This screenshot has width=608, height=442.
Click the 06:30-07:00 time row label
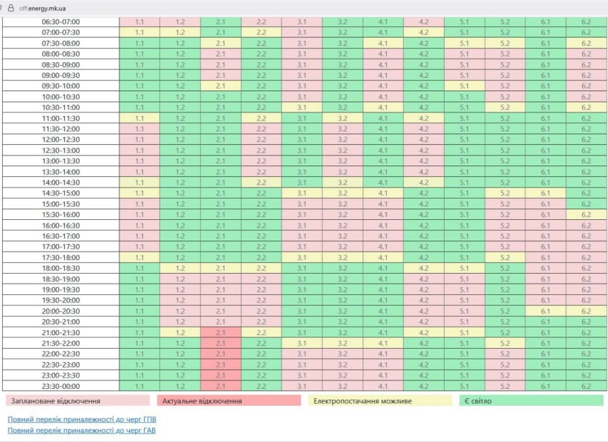tap(61, 21)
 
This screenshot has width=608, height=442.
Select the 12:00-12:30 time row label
tap(61, 139)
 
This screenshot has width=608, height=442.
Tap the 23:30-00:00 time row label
tap(61, 386)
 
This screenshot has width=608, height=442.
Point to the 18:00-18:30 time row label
tap(61, 268)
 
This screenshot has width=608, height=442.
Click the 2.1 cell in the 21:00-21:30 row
tap(221, 332)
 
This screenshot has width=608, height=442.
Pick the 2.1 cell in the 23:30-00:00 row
tap(221, 386)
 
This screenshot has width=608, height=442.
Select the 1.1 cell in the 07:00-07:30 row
tap(139, 32)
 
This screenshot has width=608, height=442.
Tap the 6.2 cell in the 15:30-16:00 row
tap(586, 214)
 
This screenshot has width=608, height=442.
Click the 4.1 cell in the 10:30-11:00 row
tap(383, 107)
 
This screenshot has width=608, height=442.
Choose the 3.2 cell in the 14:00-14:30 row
tap(342, 182)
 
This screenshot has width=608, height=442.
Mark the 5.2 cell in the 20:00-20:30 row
tap(505, 311)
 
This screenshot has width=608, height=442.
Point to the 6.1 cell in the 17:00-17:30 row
tap(545, 247)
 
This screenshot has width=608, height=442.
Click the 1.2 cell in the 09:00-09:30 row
tap(180, 75)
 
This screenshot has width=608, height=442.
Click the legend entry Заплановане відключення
tap(56, 401)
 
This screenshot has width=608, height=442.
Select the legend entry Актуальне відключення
tap(202, 401)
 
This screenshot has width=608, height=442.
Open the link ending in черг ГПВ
tap(82, 419)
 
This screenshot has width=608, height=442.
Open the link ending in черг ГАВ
tap(82, 430)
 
